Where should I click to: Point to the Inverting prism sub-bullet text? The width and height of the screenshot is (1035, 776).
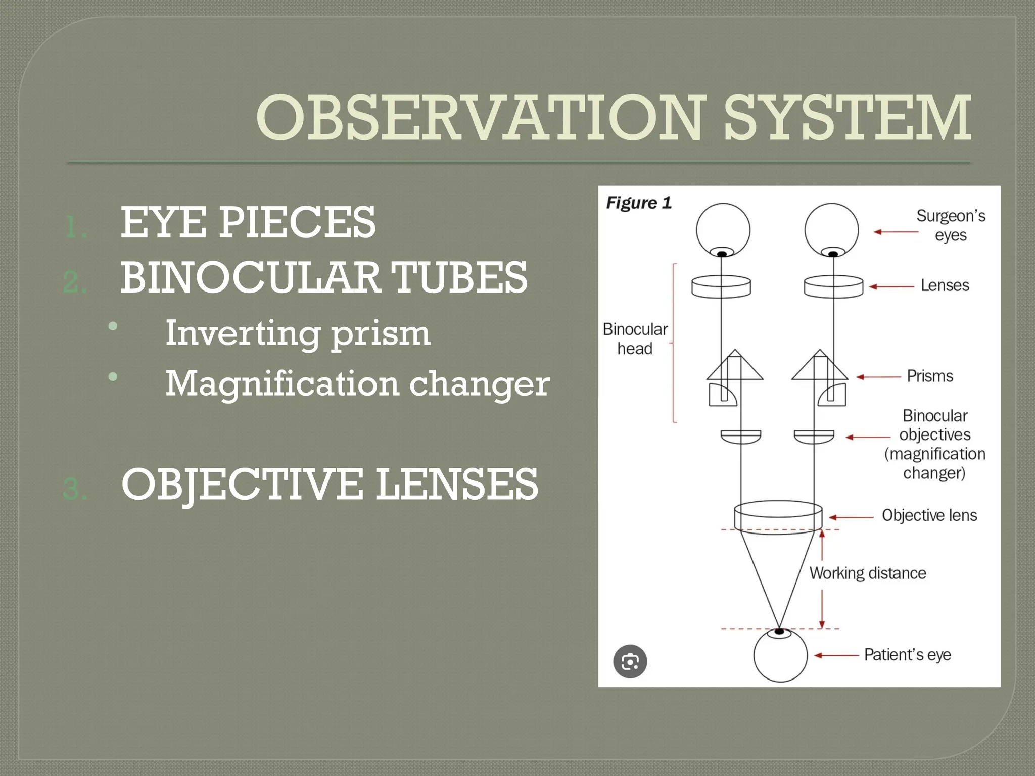click(298, 333)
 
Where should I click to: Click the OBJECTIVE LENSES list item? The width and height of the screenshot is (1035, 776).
click(330, 484)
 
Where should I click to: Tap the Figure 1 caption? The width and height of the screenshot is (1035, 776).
click(639, 203)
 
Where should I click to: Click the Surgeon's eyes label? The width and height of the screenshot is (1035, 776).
click(951, 225)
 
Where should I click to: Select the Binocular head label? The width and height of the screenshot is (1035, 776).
click(635, 338)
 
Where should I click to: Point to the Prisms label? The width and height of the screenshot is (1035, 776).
click(930, 376)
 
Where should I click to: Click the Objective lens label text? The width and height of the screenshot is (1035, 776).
click(929, 515)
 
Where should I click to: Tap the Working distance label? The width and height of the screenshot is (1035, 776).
click(868, 573)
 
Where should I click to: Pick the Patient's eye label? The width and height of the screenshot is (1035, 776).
click(908, 655)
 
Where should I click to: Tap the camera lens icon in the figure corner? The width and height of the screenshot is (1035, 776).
click(630, 661)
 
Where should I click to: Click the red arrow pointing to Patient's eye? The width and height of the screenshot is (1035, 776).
click(836, 655)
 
